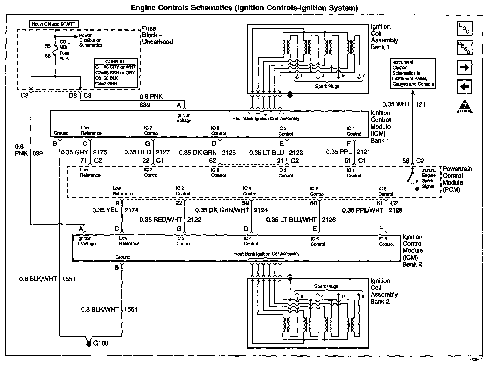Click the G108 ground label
(101, 343)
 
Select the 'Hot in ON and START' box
(54, 24)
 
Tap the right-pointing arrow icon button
(465, 67)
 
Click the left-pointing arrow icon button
(465, 87)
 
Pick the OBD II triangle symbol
(465, 107)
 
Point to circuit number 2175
(100, 152)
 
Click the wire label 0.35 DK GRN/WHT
(222, 210)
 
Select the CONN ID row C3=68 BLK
(107, 78)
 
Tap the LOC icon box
(465, 28)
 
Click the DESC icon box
(465, 48)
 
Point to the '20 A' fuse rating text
(64, 59)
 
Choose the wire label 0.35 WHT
(396, 104)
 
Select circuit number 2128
(395, 210)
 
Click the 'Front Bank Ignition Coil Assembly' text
(266, 254)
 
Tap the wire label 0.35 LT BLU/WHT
(291, 220)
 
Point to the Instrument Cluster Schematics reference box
(413, 73)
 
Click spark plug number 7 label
(363, 75)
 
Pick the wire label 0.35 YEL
(105, 210)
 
